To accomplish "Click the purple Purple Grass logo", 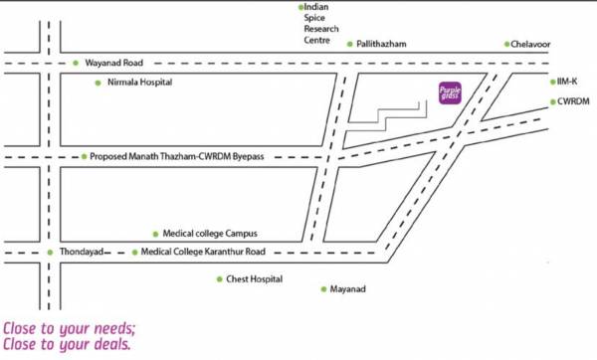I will (450, 93).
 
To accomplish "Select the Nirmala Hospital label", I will (138, 84).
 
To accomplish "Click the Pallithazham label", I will (382, 44).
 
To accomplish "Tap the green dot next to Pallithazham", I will (349, 44).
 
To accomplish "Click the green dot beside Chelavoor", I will (506, 44).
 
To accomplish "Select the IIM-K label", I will (570, 82).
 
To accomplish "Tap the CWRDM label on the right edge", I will (575, 101).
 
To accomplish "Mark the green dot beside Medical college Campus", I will (155, 234).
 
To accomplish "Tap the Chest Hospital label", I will (255, 279).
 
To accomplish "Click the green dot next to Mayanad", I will (322, 289).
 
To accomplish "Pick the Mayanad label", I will (348, 289).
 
